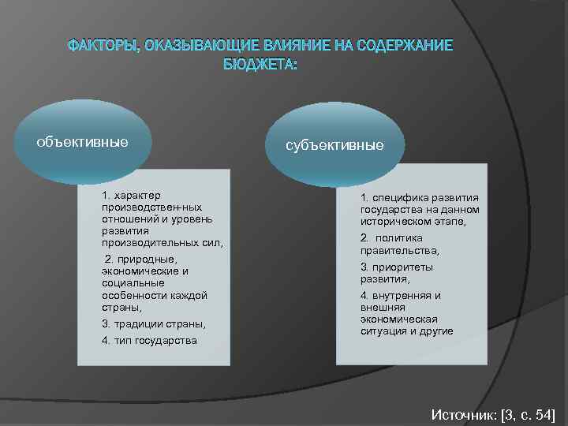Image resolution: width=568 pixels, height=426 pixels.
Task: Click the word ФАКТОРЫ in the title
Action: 100,46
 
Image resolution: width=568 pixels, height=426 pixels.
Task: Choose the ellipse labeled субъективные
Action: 335,145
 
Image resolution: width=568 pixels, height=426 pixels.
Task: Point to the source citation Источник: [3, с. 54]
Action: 493,413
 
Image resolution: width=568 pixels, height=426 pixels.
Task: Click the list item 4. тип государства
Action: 149,341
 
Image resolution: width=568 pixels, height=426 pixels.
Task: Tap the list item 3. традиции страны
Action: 153,324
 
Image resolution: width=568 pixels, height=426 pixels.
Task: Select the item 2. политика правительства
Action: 399,244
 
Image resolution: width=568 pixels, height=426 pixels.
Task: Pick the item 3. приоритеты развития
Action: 397,273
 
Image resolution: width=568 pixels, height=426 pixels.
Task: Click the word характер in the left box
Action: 137,195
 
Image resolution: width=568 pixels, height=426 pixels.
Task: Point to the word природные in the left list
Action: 150,259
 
